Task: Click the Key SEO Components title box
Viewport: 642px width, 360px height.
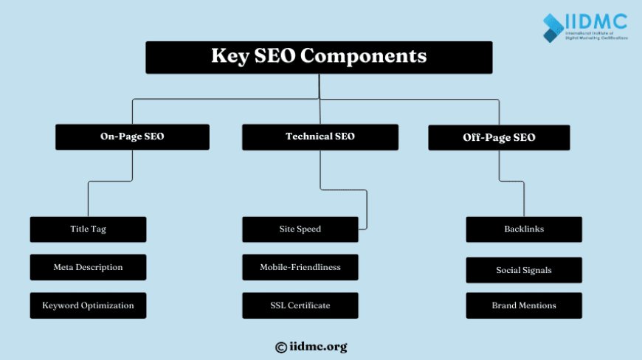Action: [x=319, y=57]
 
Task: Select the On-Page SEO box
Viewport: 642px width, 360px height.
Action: [x=132, y=136]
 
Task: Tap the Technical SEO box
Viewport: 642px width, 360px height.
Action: [x=320, y=136]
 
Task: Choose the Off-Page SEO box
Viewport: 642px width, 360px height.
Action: [x=499, y=137]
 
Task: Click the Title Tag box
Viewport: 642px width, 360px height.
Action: [x=88, y=229]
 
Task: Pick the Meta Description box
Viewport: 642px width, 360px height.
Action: [x=88, y=267]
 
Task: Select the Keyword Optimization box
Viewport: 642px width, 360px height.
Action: [x=88, y=305]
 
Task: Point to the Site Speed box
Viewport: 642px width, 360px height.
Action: [x=300, y=229]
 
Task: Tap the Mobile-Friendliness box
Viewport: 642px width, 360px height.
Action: [x=300, y=267]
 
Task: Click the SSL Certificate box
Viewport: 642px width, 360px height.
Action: [x=300, y=305]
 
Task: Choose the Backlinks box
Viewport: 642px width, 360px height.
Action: [x=524, y=229]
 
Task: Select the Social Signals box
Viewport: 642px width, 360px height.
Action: [x=524, y=270]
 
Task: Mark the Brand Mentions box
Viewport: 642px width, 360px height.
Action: [x=524, y=305]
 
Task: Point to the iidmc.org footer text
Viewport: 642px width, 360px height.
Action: [x=318, y=347]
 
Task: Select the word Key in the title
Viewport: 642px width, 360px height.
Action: [x=229, y=57]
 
